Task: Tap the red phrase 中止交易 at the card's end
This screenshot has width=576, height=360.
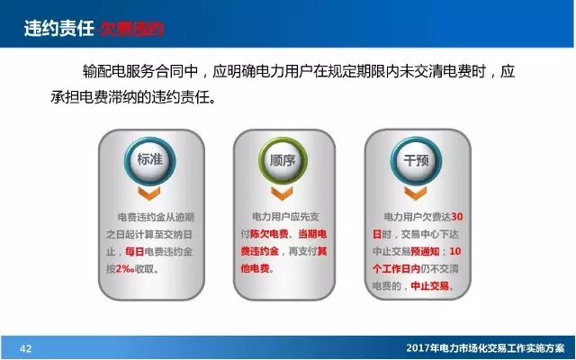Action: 428,287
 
